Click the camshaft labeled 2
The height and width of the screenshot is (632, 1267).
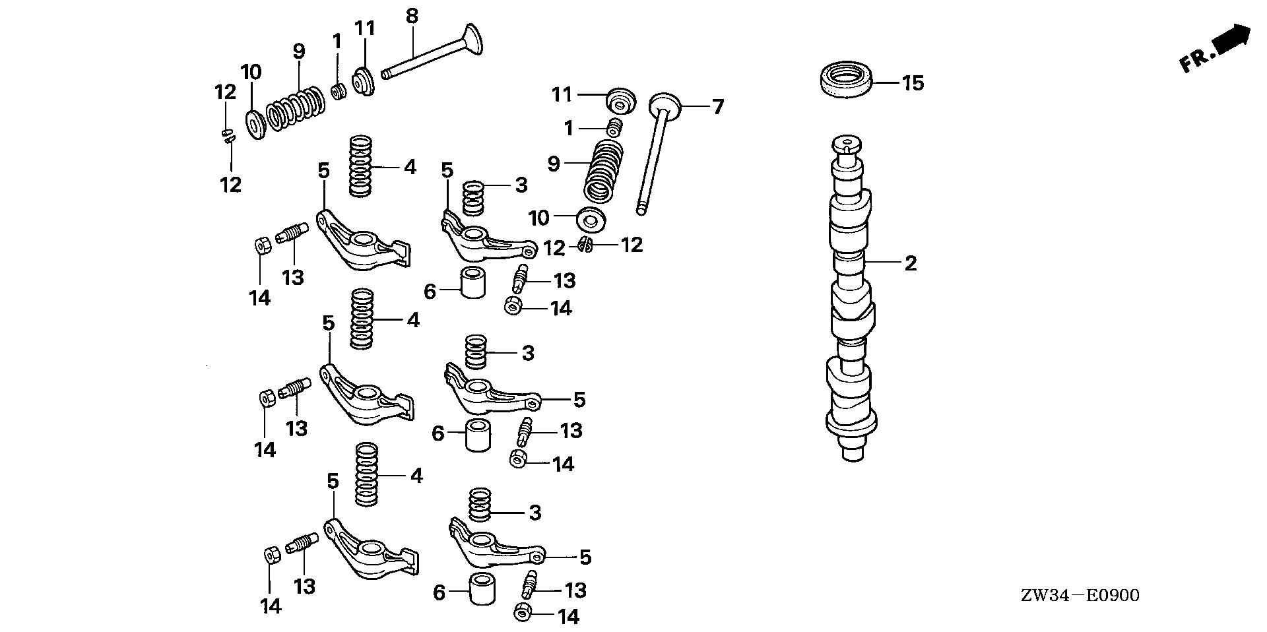[851, 297]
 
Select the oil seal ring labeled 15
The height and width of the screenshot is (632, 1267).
[845, 80]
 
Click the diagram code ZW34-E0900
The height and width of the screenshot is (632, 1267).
[1080, 596]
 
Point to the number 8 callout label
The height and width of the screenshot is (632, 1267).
[412, 16]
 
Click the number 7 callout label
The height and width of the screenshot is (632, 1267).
[717, 106]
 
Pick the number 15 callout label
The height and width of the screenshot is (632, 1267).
[913, 83]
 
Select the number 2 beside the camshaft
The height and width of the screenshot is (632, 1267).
[910, 263]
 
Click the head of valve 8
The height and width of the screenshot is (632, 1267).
[472, 40]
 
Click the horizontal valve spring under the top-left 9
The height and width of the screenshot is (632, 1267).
[296, 110]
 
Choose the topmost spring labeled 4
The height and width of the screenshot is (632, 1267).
[361, 165]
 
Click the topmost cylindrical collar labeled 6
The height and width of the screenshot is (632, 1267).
[472, 283]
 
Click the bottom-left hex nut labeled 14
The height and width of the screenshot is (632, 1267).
[271, 554]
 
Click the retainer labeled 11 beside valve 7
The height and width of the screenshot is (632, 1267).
[621, 101]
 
